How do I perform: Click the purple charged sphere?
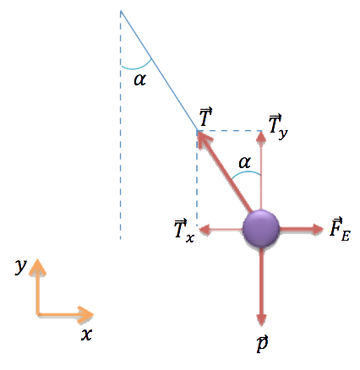point(261,229)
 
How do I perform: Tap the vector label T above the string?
point(205,117)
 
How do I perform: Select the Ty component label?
point(278,127)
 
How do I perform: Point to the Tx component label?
point(184,231)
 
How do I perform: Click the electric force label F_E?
point(340,230)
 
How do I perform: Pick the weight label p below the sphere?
point(262,343)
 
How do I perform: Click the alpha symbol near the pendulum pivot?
point(140,79)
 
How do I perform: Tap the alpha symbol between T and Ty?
point(244,162)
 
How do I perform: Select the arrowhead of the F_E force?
point(318,229)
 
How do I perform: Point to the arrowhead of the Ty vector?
point(262,137)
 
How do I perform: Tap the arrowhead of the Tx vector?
point(205,230)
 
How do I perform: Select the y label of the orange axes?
point(20,265)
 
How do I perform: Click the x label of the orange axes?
point(87,335)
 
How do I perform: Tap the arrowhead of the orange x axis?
point(86,314)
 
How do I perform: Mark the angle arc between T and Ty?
point(246,173)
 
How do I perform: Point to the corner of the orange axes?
point(37,314)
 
